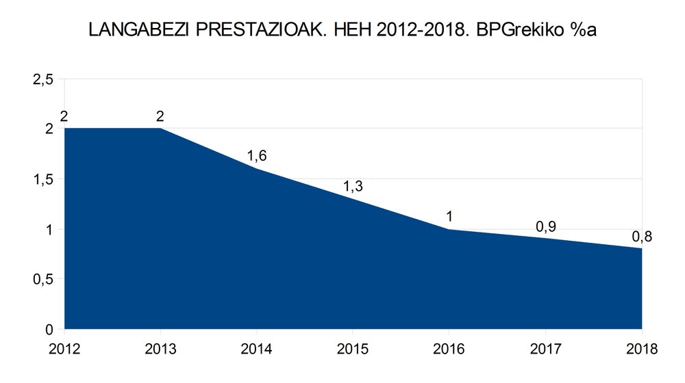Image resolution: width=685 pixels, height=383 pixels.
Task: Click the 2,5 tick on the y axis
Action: point(43,79)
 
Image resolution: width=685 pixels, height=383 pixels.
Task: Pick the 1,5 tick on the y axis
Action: point(43,179)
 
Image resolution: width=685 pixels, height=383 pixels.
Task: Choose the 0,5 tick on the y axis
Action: point(43,280)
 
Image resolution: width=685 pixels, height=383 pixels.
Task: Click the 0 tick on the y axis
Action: point(50,330)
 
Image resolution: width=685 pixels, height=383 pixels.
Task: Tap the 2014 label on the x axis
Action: point(256,349)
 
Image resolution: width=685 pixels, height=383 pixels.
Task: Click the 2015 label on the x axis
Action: point(353,349)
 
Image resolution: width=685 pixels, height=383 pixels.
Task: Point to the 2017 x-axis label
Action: point(545,349)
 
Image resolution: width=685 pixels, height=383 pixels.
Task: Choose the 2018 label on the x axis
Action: point(642,349)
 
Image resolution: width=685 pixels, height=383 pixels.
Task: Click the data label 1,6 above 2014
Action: point(256,156)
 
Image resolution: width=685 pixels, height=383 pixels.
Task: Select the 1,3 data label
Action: point(353,186)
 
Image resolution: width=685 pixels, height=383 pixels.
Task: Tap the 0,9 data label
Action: point(545,226)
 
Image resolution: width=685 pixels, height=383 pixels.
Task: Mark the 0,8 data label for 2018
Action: point(642,237)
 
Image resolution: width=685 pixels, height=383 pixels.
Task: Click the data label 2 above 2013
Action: point(160,116)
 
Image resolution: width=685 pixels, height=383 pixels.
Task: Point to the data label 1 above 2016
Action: point(449,217)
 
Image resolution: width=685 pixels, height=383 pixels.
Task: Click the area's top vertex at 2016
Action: point(449,229)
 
